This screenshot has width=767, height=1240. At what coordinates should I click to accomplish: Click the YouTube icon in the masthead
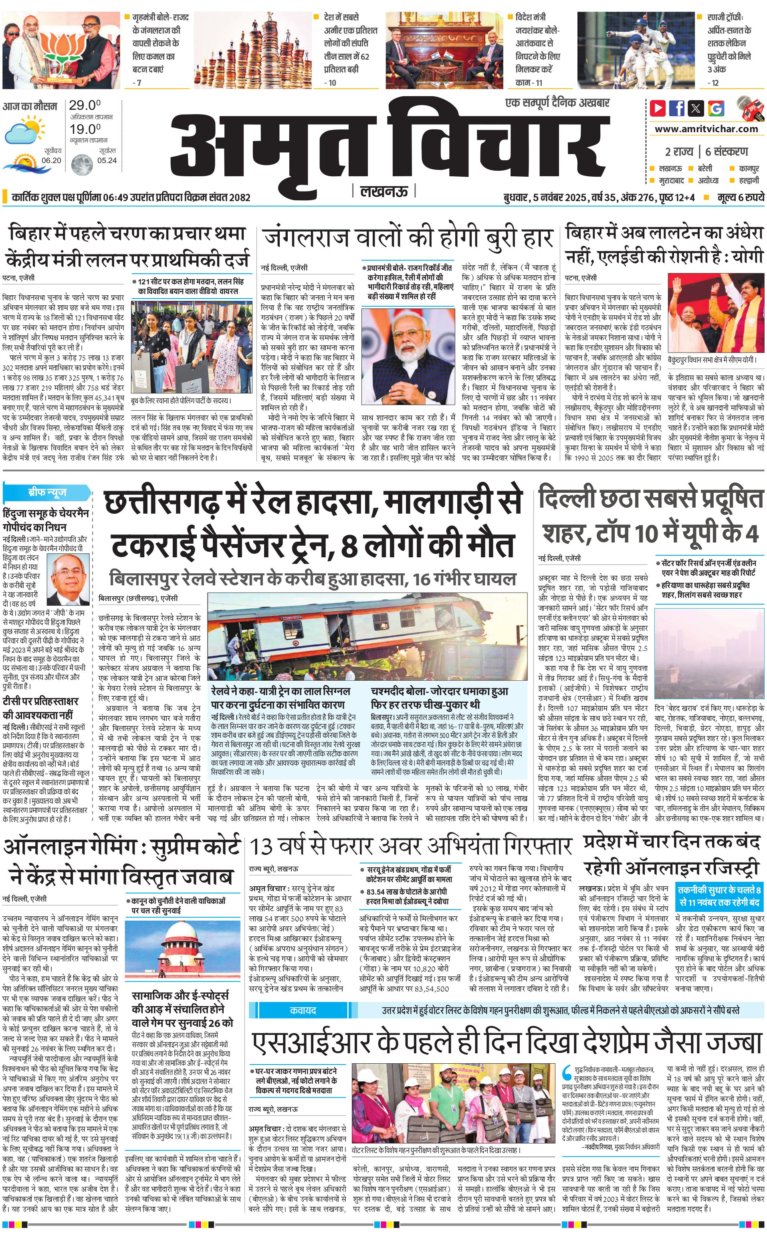click(658, 108)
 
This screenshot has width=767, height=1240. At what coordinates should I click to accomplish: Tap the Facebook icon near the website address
click(677, 108)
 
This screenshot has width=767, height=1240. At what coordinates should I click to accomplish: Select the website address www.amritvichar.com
click(706, 129)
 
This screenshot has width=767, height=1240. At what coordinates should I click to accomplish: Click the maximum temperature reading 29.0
click(84, 105)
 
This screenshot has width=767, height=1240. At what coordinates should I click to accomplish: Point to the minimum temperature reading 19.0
click(85, 129)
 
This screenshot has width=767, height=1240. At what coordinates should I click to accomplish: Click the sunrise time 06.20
click(51, 160)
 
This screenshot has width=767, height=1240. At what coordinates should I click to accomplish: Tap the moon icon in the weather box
click(81, 164)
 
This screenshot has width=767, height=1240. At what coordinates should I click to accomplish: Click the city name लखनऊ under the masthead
click(384, 191)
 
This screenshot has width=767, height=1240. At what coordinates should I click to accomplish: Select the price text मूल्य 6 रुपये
click(741, 197)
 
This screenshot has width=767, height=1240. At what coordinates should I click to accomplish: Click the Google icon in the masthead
click(716, 108)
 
